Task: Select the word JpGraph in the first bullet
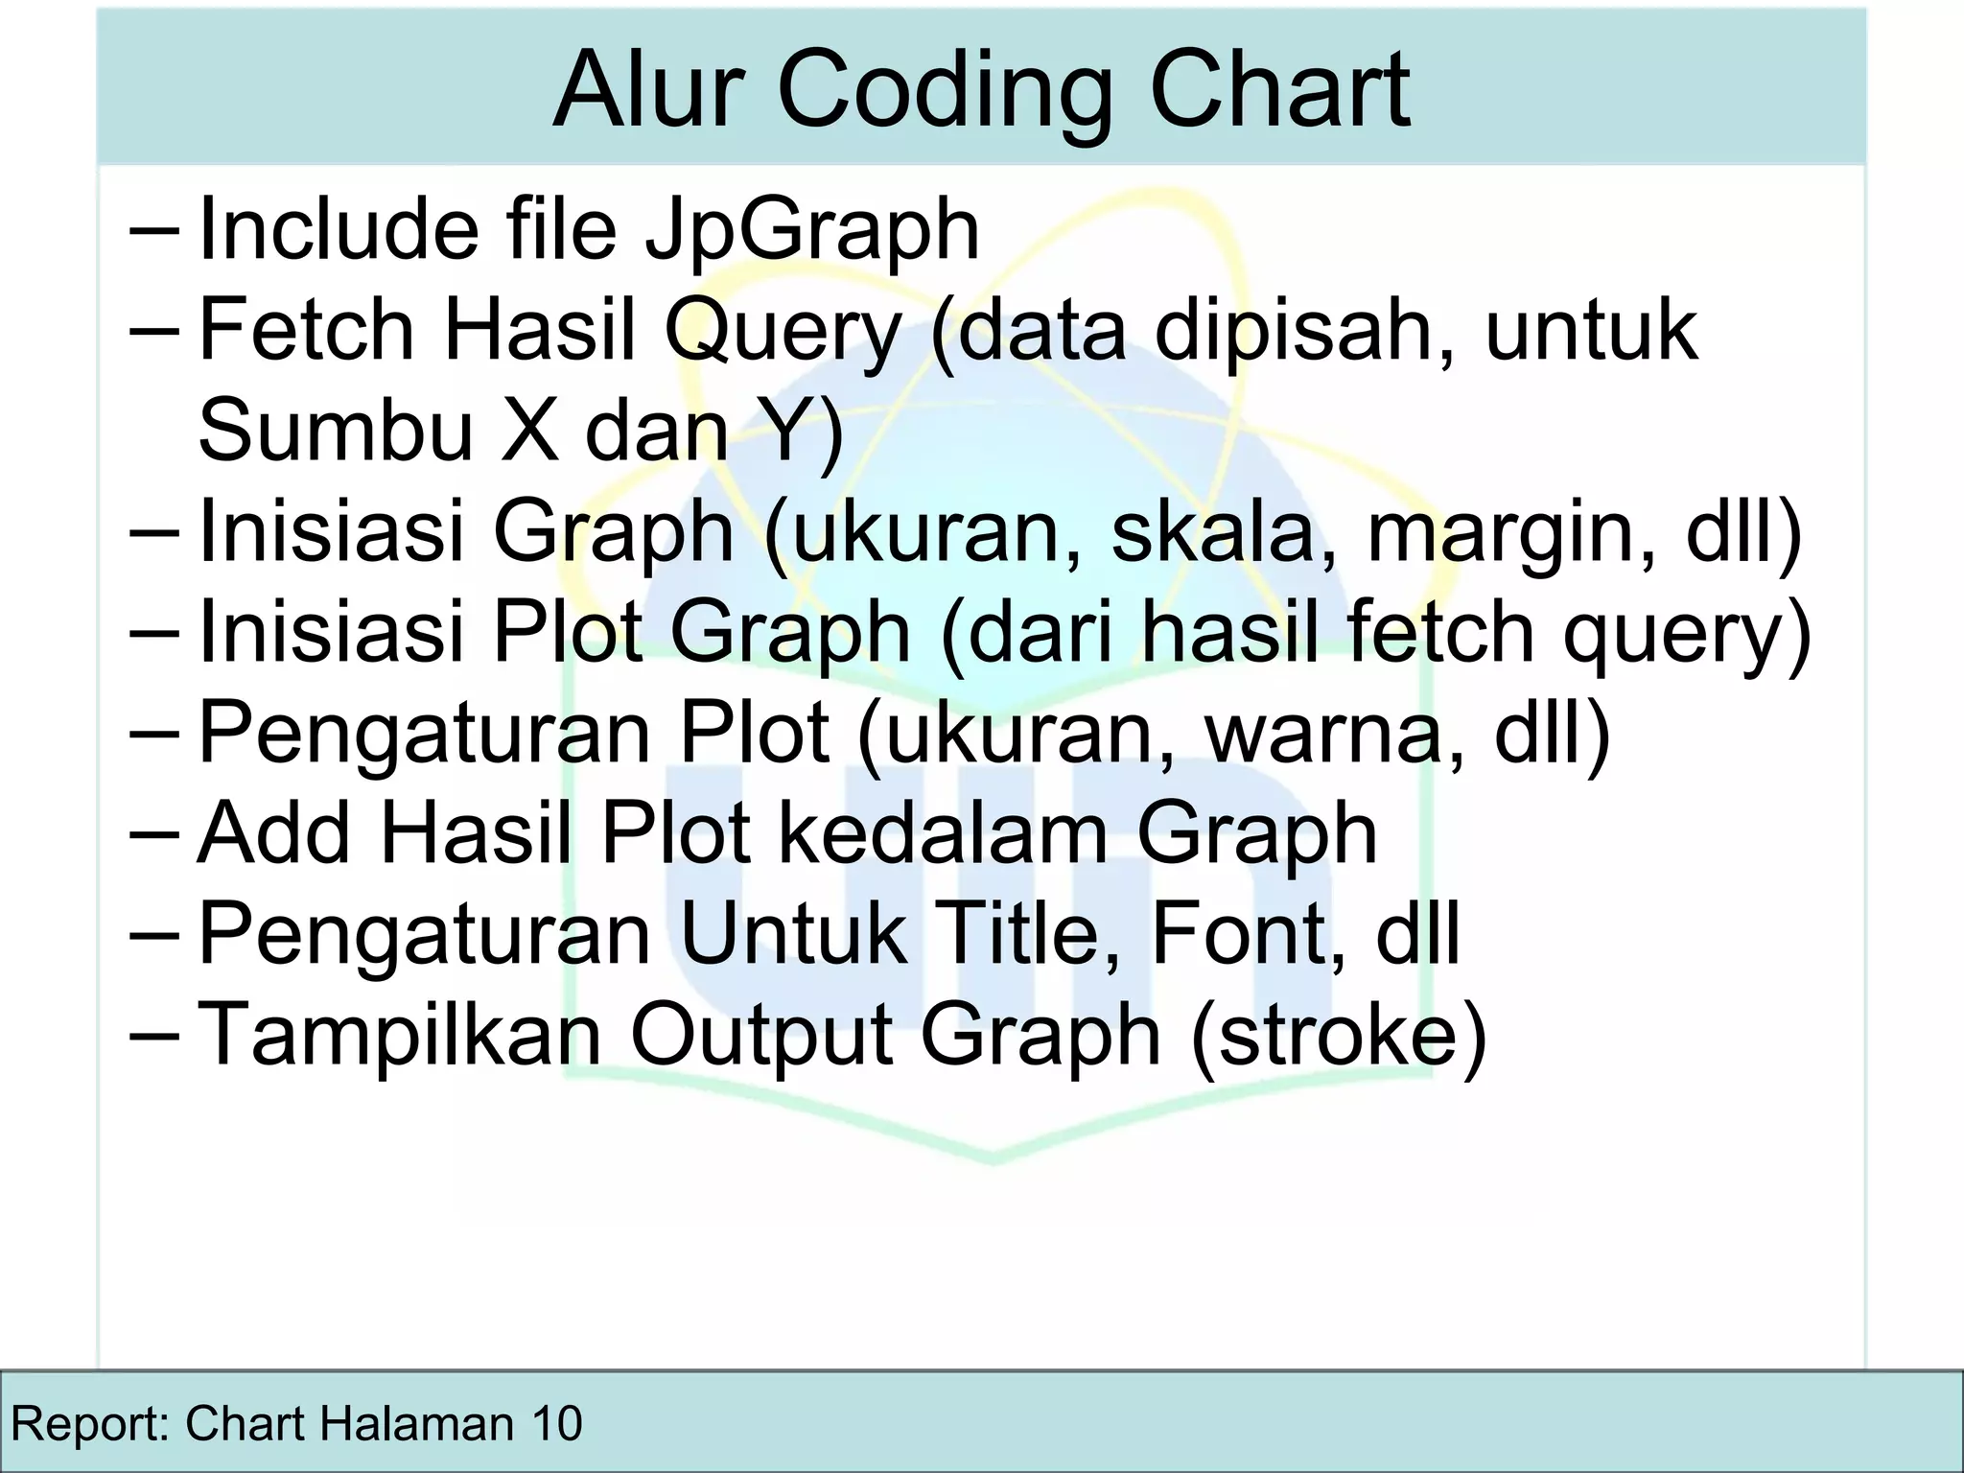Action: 811,230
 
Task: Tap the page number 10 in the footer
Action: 555,1423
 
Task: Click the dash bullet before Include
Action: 152,233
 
